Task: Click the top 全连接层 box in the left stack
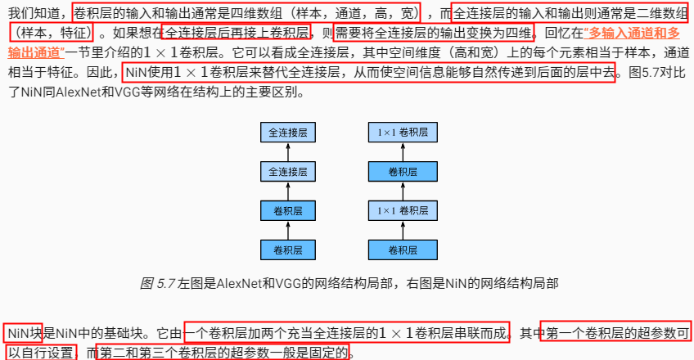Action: [287, 133]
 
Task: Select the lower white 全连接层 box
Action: [287, 171]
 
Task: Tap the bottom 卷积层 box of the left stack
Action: [287, 249]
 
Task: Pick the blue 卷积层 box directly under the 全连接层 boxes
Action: [287, 210]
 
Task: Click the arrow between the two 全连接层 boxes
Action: [287, 151]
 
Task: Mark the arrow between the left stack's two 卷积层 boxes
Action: [287, 230]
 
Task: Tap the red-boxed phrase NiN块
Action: [24, 334]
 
